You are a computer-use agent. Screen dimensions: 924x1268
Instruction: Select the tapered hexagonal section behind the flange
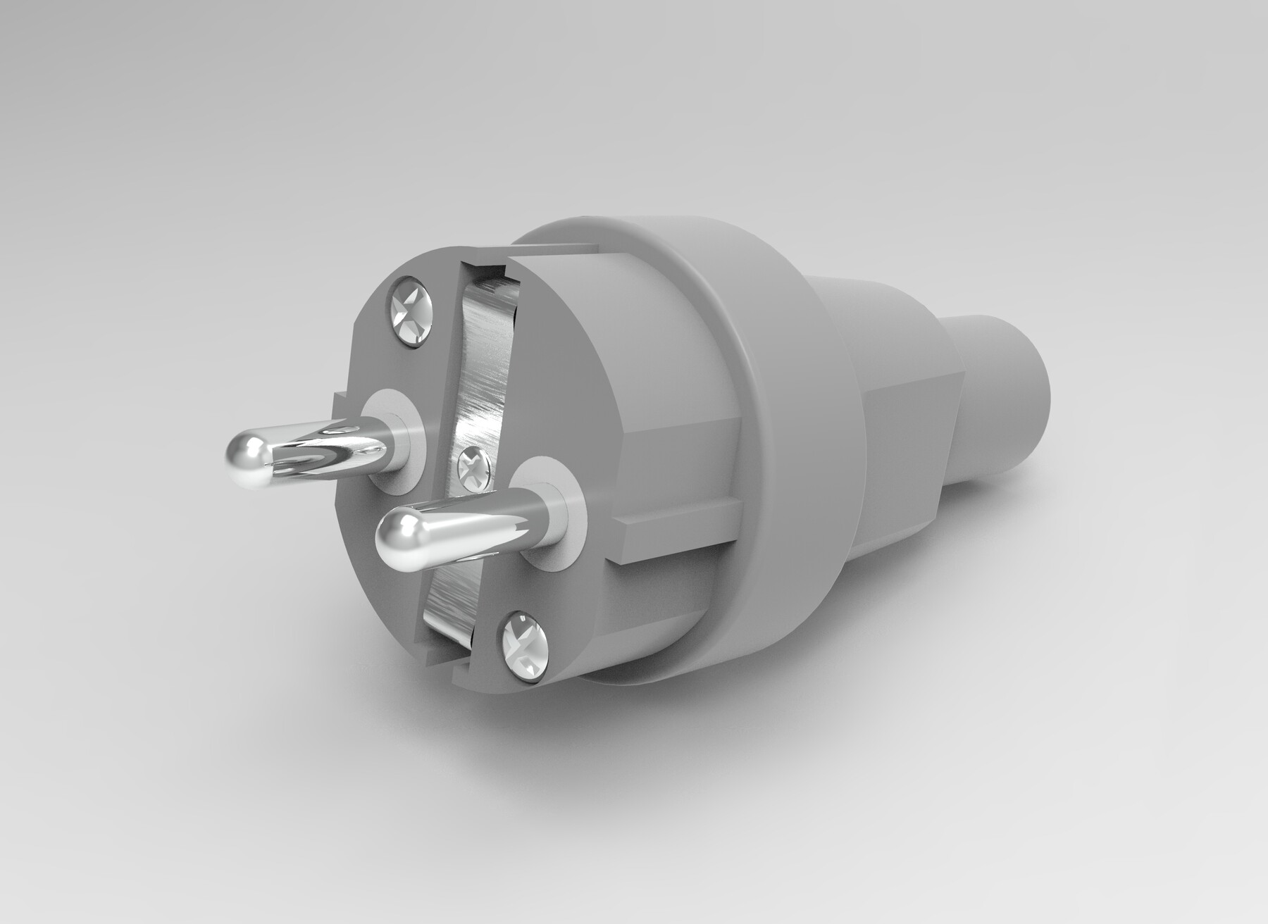(909, 423)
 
